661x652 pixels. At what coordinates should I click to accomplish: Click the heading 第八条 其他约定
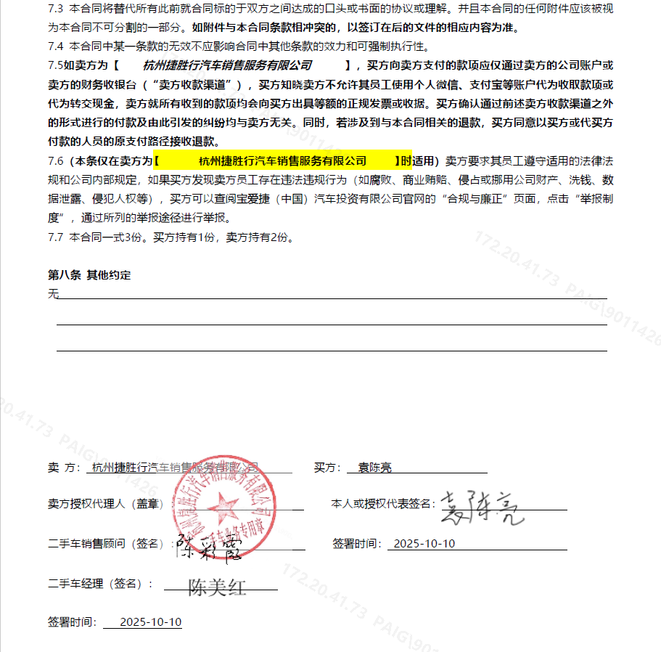click(89, 275)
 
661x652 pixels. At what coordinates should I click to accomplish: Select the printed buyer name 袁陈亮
click(374, 468)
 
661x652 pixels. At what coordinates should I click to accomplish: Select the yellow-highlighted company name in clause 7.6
click(283, 160)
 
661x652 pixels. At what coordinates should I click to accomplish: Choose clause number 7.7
click(56, 237)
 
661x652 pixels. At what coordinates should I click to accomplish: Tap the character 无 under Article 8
click(53, 293)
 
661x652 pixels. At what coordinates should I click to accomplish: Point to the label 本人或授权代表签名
click(382, 504)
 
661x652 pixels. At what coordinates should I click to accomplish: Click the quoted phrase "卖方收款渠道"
click(194, 84)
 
